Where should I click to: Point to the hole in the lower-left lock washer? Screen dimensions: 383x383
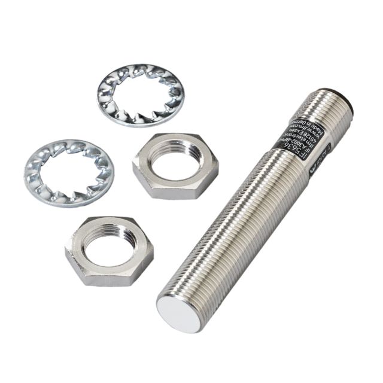click(68, 172)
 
